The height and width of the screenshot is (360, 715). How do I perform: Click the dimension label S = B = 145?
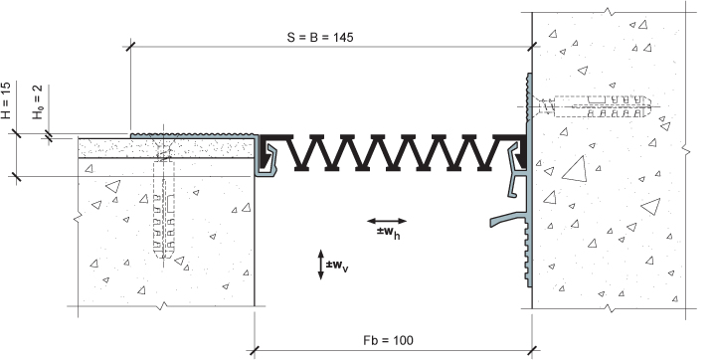click(320, 38)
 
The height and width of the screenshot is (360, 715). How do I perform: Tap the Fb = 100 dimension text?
click(389, 340)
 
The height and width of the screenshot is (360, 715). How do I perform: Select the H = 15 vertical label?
click(6, 100)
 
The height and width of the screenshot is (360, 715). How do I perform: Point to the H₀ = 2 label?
click(38, 102)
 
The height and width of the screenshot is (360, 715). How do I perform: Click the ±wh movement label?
click(389, 232)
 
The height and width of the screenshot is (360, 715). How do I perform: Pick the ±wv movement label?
click(337, 266)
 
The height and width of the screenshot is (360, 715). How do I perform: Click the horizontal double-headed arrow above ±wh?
click(387, 222)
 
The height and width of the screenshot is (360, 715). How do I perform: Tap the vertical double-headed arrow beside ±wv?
click(320, 265)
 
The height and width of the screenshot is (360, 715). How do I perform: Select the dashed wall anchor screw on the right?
click(592, 106)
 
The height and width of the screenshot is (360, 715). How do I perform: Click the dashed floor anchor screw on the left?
click(164, 201)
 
